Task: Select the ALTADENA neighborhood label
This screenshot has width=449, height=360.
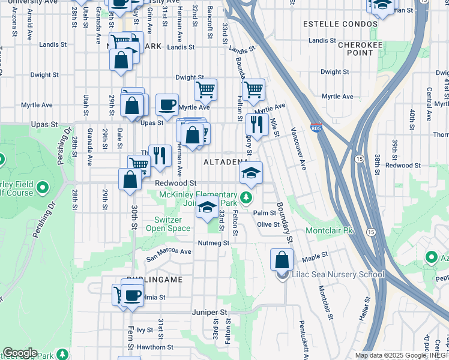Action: coord(226,162)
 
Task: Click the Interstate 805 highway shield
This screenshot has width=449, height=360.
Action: coord(316,128)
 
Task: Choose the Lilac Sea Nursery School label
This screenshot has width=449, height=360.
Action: coord(337,275)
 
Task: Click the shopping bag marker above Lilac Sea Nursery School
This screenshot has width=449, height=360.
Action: coord(282,260)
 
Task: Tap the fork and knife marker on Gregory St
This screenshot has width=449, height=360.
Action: coord(256,125)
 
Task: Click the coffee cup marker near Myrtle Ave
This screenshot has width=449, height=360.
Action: coord(167,104)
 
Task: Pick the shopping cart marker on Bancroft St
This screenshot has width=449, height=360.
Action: coord(205,90)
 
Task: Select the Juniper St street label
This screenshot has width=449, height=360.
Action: coord(210,313)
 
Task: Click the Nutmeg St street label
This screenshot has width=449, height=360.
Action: coord(214,243)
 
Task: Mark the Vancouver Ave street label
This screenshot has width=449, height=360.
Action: coord(298,148)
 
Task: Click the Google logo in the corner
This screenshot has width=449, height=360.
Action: coord(19,353)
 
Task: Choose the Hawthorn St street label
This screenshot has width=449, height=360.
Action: coord(155,347)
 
